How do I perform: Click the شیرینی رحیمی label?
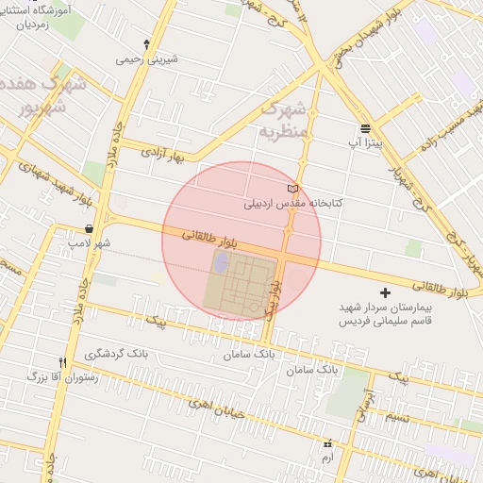146,58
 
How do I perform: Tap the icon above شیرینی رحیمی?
146,43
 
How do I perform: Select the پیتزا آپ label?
364,142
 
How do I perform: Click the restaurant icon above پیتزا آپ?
365,128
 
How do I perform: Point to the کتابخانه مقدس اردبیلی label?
293,203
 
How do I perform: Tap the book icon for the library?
293,189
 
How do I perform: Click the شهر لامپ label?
89,243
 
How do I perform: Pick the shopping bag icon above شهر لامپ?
89,228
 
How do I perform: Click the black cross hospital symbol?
384,292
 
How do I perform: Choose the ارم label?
327,457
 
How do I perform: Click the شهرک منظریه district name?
283,119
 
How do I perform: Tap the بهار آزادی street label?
161,152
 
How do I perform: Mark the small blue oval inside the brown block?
221,262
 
